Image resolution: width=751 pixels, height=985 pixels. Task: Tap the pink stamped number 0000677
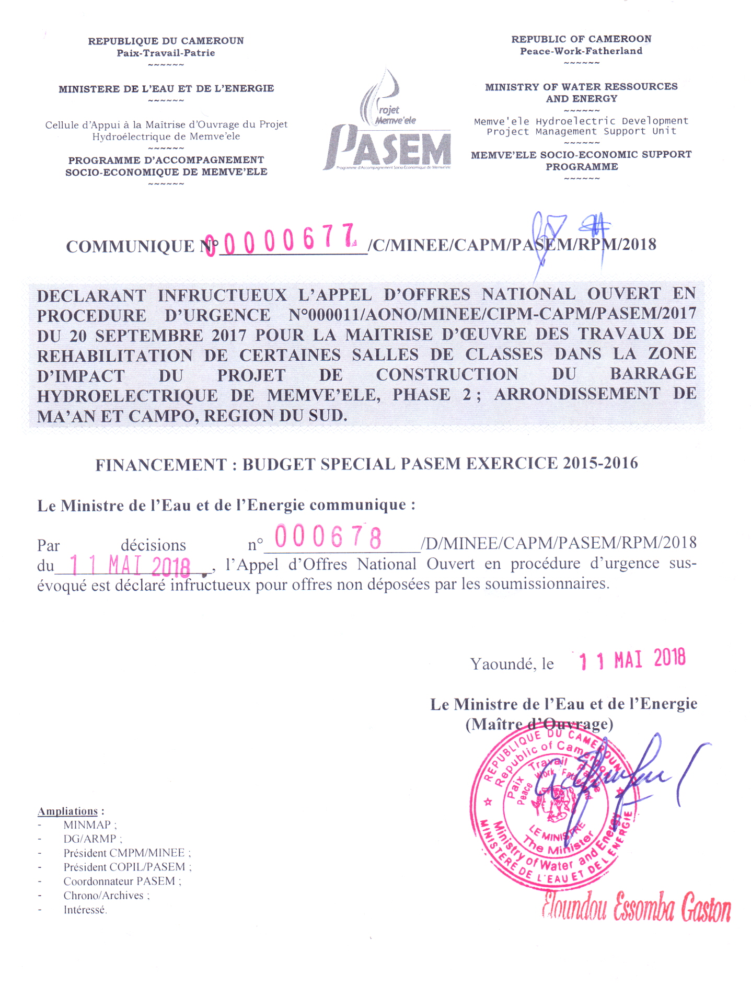[282, 241]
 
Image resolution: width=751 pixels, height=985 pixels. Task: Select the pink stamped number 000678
[328, 537]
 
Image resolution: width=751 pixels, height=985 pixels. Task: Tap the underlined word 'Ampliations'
[68, 811]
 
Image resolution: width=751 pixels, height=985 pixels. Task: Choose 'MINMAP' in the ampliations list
[87, 825]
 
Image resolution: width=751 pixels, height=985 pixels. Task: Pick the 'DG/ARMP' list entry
[90, 839]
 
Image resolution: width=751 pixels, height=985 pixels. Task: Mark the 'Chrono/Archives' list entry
[103, 896]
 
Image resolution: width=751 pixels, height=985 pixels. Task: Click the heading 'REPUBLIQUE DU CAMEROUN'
[166, 41]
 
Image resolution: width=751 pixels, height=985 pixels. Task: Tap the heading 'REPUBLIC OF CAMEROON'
[581, 39]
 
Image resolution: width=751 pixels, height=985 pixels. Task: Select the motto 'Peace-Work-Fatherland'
[581, 51]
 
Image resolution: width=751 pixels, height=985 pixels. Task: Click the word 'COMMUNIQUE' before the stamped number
[130, 246]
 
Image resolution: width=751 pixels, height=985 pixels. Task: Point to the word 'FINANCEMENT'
[161, 465]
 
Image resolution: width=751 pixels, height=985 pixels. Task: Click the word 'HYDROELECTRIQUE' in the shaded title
[127, 396]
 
